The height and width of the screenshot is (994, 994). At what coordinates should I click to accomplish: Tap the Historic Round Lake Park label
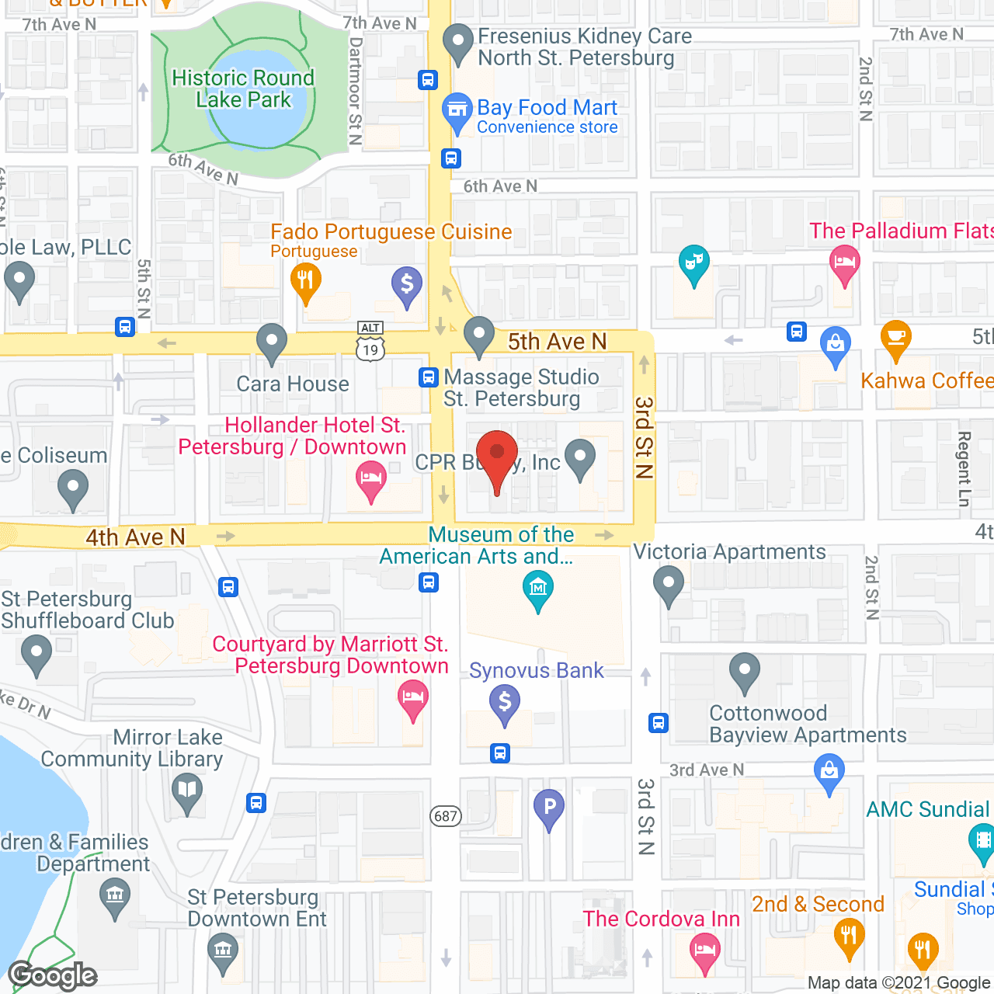click(x=243, y=89)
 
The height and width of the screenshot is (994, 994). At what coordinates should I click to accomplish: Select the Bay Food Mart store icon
click(x=457, y=112)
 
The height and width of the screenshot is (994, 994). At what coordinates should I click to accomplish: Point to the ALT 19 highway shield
click(x=370, y=342)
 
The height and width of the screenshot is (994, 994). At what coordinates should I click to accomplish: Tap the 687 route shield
click(x=446, y=815)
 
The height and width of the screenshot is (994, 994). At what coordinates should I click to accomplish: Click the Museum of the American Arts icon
click(x=538, y=589)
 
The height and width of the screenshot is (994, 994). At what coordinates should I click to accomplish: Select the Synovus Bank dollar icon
click(x=505, y=704)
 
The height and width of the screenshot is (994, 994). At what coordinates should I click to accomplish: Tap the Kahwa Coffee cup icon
click(x=896, y=339)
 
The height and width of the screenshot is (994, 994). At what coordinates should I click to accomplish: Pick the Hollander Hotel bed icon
click(x=371, y=478)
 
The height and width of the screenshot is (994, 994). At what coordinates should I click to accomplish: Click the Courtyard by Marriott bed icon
click(x=413, y=697)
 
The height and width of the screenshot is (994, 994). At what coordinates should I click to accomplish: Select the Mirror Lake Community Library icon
click(x=187, y=792)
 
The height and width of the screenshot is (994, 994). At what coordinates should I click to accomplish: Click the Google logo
click(x=53, y=975)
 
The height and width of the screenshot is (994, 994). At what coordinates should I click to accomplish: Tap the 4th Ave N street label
click(x=135, y=537)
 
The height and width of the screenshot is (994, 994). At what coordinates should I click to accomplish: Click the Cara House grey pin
click(x=272, y=342)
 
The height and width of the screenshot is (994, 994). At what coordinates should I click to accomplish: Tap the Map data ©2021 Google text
click(x=899, y=983)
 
